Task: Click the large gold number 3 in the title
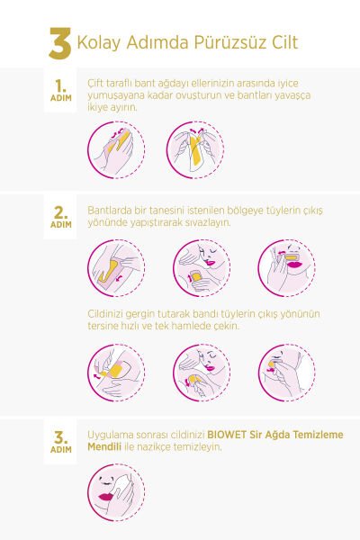60,42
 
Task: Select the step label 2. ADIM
60,217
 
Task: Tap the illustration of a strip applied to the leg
116,268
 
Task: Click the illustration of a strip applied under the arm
201,268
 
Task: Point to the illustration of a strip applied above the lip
286,268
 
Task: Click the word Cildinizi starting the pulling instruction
107,314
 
